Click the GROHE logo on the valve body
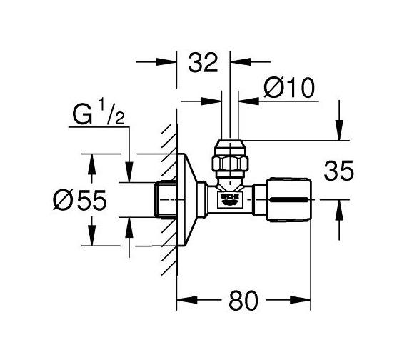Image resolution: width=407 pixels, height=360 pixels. (x=231, y=196)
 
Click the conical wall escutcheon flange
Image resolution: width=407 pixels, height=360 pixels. (x=189, y=200)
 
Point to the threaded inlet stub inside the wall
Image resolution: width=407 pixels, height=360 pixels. (x=164, y=200)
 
